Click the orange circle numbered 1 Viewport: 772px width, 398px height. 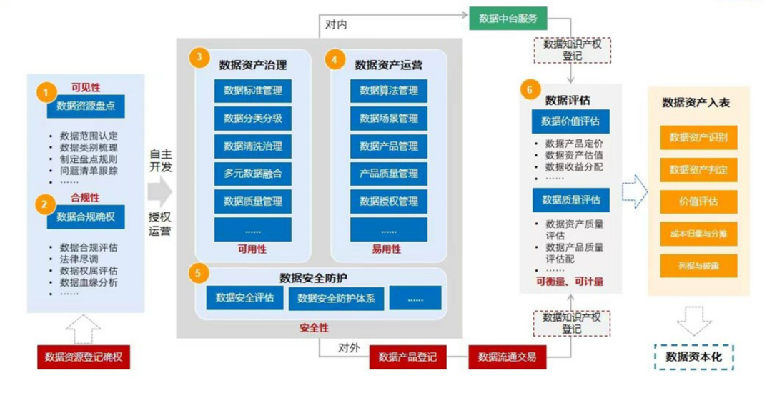pos(46,93)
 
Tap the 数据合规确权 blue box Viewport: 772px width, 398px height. pos(86,217)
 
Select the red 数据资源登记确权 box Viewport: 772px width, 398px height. pos(83,357)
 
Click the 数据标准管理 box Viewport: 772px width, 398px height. pos(252,91)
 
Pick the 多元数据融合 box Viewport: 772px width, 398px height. pos(252,174)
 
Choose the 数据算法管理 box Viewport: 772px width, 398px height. pos(388,91)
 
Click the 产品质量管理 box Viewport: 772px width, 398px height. pos(388,174)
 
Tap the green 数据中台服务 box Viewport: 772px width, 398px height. pos(508,18)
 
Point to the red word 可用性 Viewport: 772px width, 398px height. pos(252,249)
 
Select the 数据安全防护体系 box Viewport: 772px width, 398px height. pos(336,298)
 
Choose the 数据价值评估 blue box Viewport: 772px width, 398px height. pos(570,121)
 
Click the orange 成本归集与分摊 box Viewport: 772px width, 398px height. pos(698,233)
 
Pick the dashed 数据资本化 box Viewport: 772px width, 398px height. pos(694,357)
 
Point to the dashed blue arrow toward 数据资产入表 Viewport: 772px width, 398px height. pos(634,191)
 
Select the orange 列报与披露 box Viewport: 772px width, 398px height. pos(698,266)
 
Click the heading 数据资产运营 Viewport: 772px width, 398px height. pos(388,65)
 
